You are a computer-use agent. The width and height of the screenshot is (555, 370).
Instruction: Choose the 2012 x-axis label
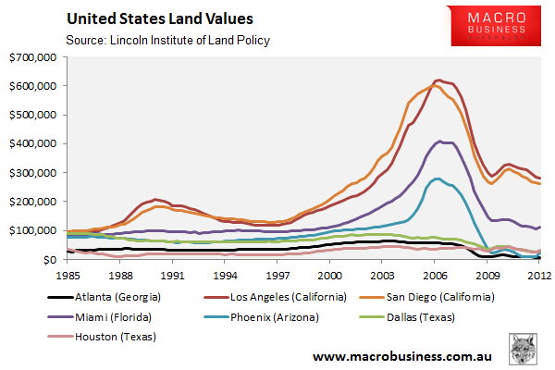pos(540,274)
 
